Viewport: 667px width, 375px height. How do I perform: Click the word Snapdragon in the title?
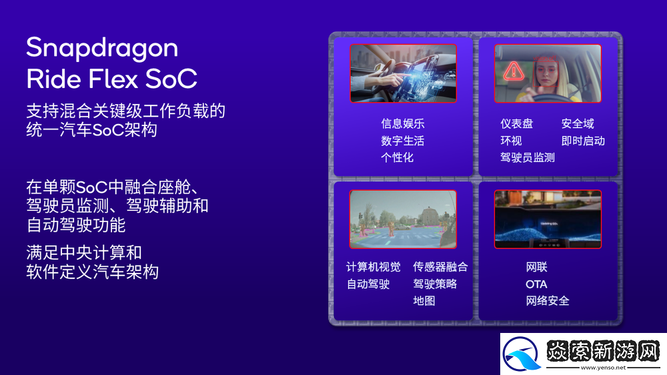point(102,48)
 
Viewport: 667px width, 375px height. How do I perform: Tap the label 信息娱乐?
point(402,123)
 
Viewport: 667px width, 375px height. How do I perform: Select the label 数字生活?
point(402,141)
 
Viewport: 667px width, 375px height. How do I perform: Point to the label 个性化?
point(397,157)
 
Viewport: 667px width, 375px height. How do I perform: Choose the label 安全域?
point(577,123)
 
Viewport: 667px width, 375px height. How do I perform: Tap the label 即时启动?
point(582,141)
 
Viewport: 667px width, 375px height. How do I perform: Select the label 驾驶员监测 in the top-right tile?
point(527,157)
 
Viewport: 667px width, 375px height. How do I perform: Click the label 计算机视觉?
point(373,267)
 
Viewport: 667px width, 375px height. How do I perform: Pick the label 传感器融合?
point(440,267)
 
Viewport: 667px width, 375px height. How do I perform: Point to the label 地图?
point(424,301)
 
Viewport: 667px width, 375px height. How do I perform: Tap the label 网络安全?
point(547,301)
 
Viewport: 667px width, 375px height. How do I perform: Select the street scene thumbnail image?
point(403,219)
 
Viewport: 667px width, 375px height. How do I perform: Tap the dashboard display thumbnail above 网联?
point(547,219)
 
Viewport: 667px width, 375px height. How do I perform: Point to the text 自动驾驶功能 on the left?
point(76,225)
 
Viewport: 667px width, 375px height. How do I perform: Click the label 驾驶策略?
point(435,284)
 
